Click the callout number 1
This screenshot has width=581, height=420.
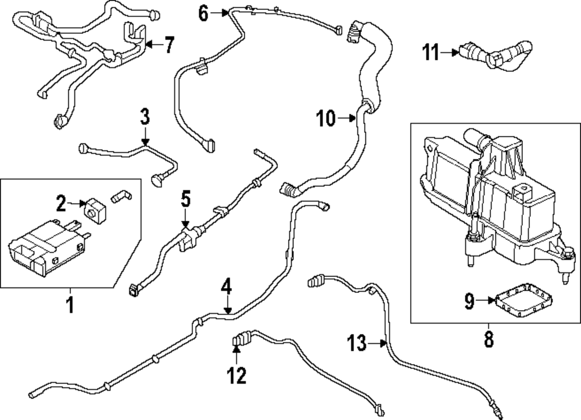(70, 304)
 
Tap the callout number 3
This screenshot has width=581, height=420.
(145, 116)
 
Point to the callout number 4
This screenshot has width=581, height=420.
(227, 288)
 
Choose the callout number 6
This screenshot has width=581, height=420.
(203, 13)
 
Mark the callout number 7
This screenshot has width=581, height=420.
(168, 44)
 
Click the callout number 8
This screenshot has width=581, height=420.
(488, 339)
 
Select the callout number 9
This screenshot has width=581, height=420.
(469, 301)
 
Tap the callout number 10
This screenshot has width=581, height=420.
(326, 119)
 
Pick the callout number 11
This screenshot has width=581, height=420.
(431, 53)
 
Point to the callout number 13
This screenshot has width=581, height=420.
(358, 343)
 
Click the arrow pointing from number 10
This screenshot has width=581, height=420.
(347, 119)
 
